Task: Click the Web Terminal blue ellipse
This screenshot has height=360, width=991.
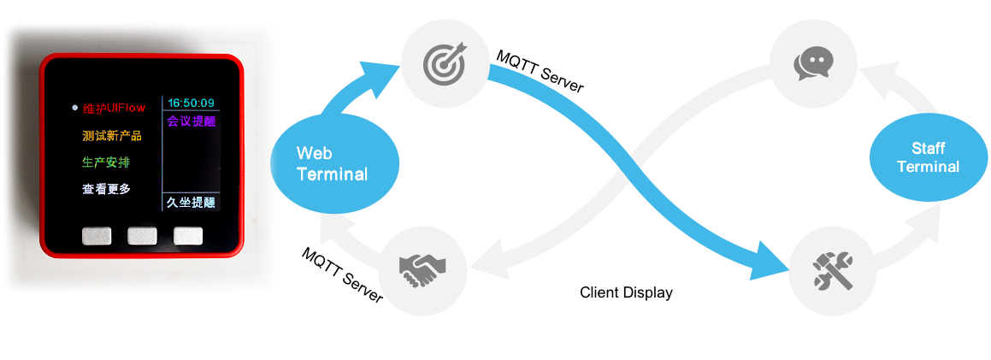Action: click(x=334, y=164)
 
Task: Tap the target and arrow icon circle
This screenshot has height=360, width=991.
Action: click(x=444, y=62)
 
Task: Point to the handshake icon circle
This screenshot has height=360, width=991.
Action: click(x=422, y=269)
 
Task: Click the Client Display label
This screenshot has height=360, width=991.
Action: click(x=626, y=292)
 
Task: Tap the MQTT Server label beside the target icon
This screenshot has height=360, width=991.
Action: click(x=540, y=72)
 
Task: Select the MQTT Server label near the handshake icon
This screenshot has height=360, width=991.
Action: click(x=343, y=274)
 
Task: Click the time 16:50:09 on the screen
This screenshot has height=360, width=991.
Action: click(x=191, y=103)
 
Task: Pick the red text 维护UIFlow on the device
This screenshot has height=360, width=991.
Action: click(x=114, y=109)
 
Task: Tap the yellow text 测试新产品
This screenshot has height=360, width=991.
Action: click(x=112, y=135)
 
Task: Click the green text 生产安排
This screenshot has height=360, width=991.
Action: click(x=106, y=162)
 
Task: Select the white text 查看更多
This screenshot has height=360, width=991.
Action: click(x=106, y=188)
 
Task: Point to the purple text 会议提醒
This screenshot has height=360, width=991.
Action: click(x=191, y=121)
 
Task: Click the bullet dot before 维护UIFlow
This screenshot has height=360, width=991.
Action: click(x=74, y=108)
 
